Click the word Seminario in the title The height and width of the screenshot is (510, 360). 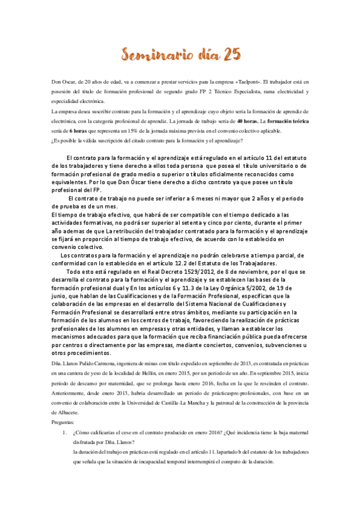click(153, 55)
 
